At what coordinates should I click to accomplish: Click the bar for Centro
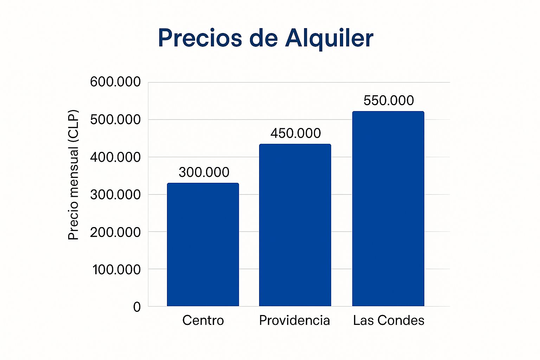203,245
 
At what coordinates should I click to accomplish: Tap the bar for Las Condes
388,209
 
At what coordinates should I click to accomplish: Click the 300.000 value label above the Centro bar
204,172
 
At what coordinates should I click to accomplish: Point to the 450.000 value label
296,133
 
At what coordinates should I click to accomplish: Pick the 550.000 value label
388,101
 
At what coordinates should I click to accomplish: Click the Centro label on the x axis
203,320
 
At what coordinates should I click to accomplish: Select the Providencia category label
295,320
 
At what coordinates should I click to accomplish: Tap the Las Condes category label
388,320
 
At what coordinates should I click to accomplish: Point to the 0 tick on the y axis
137,307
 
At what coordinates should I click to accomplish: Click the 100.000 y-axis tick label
116,270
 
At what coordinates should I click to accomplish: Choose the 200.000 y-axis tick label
115,232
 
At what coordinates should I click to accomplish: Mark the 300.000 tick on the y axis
115,194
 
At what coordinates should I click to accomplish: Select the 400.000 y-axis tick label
115,157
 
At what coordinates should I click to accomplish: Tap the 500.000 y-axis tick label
115,120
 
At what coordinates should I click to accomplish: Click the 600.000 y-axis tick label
115,82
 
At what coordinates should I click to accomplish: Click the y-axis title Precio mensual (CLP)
73,175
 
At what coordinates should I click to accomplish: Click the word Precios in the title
200,38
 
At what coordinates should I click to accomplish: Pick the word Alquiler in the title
329,38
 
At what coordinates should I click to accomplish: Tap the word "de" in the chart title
264,38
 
